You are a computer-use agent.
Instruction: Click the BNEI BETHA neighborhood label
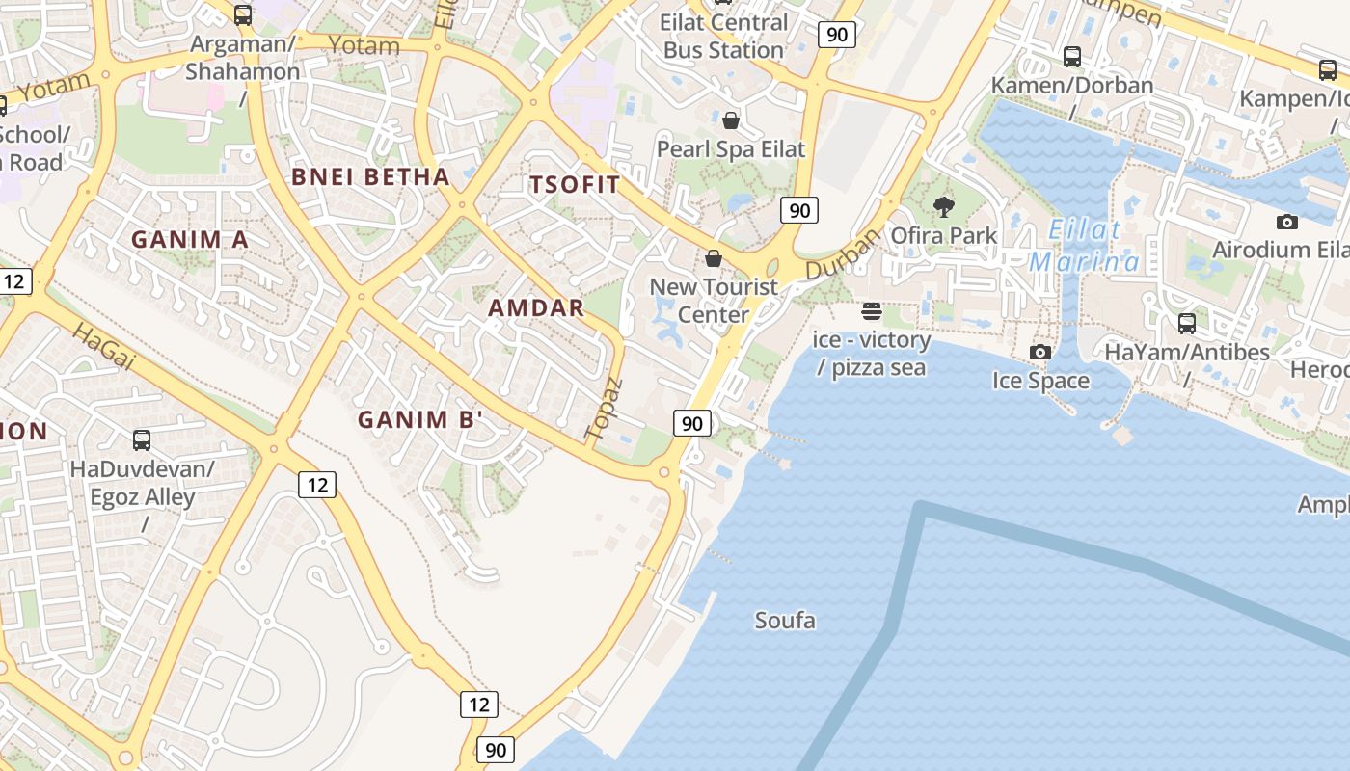click(371, 177)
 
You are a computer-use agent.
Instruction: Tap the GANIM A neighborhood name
click(190, 240)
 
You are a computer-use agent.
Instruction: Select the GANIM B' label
click(419, 420)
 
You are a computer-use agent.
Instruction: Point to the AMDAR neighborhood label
click(536, 308)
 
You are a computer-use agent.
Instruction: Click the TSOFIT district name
click(575, 185)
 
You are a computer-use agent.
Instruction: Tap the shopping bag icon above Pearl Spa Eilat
click(731, 120)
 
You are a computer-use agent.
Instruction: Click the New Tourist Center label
click(714, 301)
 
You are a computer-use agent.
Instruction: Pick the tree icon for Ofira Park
click(944, 206)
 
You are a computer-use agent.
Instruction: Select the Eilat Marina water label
click(1084, 246)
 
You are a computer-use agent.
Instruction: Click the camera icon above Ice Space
click(1040, 352)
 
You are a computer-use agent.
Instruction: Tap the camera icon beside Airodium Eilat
click(1286, 222)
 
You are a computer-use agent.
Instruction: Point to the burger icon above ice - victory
click(872, 310)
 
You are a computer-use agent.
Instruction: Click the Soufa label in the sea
click(785, 621)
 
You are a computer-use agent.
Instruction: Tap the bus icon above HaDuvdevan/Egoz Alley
click(142, 440)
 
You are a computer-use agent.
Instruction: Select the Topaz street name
click(606, 410)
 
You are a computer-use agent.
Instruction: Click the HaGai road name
click(103, 348)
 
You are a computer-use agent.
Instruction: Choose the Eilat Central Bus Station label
click(723, 36)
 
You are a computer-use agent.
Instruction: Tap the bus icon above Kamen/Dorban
click(1072, 56)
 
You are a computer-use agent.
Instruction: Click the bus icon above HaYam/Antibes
click(1187, 323)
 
